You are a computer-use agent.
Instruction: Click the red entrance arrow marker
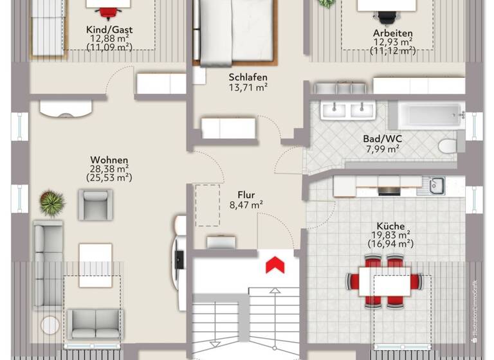275,264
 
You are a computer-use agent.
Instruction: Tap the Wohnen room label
109,160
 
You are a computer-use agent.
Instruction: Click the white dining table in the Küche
385,280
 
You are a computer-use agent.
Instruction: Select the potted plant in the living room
52,202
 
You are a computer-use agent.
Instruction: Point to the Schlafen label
248,78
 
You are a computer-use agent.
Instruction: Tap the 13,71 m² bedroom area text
248,87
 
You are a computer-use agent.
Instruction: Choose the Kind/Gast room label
109,30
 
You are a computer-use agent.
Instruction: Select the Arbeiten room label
392,33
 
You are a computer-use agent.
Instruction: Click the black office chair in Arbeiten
387,17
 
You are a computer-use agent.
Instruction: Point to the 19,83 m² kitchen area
390,235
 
